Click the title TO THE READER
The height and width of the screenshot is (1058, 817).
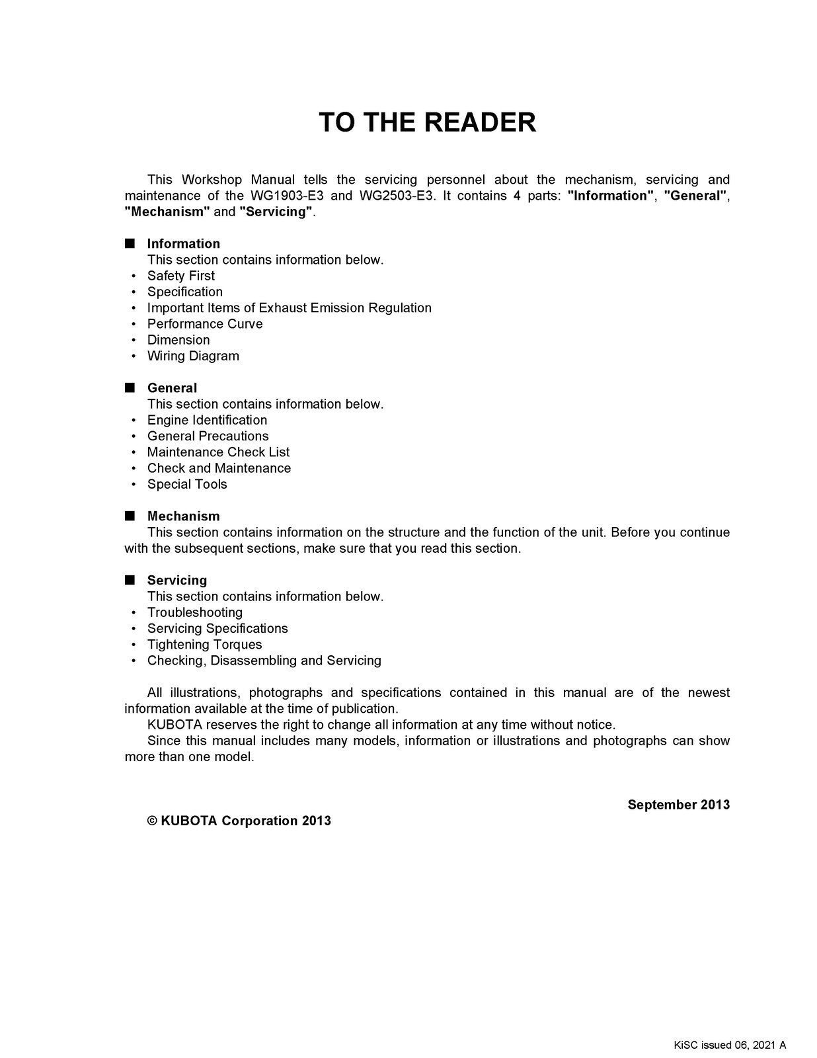tap(427, 123)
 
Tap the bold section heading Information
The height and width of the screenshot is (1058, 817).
tap(183, 244)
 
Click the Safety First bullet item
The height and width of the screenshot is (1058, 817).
tap(180, 276)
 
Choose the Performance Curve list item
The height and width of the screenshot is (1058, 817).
tap(204, 324)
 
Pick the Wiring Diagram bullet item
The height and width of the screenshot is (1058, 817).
tap(193, 356)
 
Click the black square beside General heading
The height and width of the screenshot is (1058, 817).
tap(130, 387)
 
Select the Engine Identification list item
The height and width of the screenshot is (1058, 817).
tap(207, 420)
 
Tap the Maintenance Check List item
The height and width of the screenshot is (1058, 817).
tap(218, 452)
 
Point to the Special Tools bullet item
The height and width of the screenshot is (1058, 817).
tap(187, 484)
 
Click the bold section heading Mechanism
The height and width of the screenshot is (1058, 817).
tap(183, 516)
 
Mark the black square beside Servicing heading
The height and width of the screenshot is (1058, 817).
tap(130, 580)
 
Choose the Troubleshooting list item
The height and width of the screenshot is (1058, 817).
tap(194, 612)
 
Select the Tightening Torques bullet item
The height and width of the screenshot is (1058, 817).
tap(204, 645)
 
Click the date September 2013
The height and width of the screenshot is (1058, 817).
tap(678, 805)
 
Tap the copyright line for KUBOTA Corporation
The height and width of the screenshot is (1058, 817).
tap(239, 821)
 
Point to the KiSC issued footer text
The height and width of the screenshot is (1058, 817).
tap(730, 1045)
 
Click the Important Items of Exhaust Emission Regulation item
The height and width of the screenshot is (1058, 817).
tap(289, 308)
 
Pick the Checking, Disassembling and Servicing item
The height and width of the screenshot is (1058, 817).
tap(264, 661)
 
